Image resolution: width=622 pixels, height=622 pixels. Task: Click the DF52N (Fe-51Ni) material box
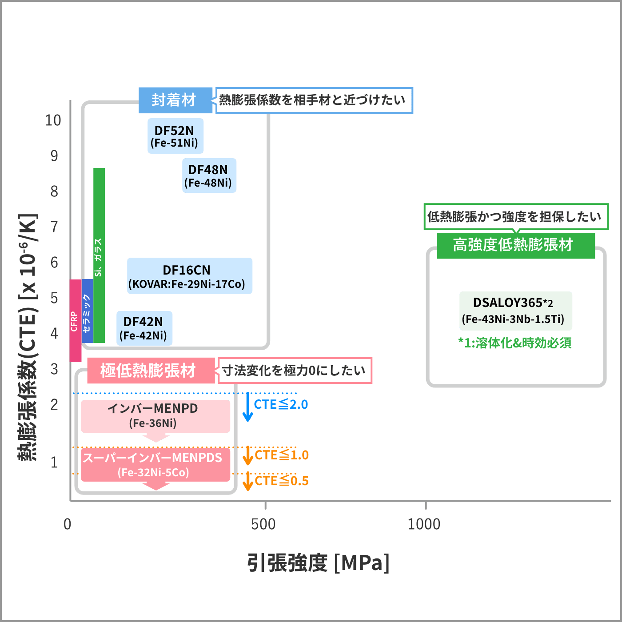pos(175,136)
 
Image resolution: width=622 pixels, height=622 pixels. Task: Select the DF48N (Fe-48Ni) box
pos(209,175)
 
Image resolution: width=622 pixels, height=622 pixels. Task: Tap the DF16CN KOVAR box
pos(190,276)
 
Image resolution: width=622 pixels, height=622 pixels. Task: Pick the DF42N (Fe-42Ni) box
pos(144,328)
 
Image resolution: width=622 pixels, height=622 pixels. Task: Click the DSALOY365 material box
pos(515,311)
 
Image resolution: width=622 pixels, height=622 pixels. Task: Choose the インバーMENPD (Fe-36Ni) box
pos(155,416)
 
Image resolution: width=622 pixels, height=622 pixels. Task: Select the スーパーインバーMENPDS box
pos(155,465)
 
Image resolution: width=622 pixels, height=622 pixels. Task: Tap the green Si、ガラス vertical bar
pos(99,255)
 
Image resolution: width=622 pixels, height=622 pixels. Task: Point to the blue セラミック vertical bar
pos(87,311)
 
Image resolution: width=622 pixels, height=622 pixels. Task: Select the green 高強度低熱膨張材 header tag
pos(515,245)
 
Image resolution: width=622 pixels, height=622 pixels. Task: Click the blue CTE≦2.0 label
pos(281,404)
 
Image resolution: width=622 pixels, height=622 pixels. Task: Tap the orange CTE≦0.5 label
pos(282,481)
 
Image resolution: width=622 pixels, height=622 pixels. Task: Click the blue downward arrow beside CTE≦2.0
pos(247,407)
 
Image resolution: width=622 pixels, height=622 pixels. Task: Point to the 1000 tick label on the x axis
pos(424,524)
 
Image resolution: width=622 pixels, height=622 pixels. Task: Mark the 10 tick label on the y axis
pos(53,120)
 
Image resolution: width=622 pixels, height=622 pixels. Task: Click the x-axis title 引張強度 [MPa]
pos(318,563)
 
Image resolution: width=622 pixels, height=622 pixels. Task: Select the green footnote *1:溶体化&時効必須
pos(514,343)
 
